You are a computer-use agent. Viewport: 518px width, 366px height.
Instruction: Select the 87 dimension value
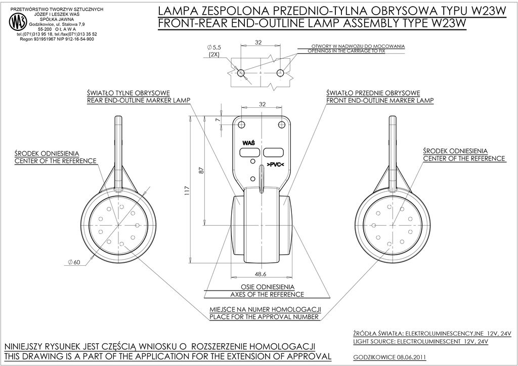[x=202, y=170]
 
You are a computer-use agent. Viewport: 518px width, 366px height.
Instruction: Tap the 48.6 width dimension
[x=261, y=273]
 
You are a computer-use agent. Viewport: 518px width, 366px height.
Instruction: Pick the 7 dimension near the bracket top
[x=218, y=119]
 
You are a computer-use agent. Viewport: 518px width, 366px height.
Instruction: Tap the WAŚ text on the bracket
[x=249, y=143]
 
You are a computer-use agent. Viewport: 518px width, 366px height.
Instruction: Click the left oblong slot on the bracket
[x=249, y=152]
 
